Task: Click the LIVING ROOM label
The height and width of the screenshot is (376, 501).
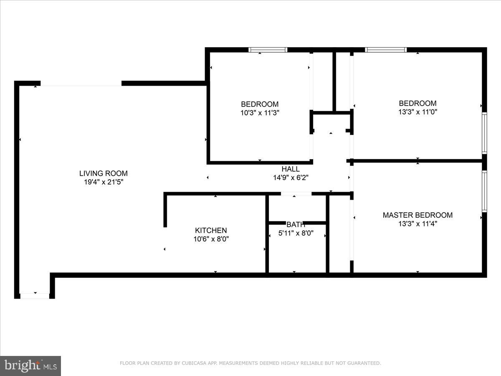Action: (104, 173)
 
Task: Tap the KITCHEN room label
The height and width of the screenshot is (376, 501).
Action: (211, 230)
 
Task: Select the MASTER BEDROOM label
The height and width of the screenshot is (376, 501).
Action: (417, 215)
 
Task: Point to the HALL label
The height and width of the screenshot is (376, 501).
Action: (291, 169)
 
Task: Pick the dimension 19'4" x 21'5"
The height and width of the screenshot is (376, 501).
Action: (104, 182)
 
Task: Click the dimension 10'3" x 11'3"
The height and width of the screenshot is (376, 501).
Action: (260, 112)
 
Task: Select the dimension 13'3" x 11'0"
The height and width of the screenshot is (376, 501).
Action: (417, 112)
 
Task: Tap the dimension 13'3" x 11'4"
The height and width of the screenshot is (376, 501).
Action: (417, 224)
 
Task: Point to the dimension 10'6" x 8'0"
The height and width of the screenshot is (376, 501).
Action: (211, 239)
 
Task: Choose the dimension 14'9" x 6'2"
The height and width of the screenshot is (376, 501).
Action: (291, 178)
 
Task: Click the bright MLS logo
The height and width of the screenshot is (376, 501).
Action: (30, 366)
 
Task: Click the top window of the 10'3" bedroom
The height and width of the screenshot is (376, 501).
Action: (268, 50)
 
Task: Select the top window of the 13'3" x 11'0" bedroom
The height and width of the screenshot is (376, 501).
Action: (386, 50)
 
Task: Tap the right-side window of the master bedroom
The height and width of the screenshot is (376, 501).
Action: (484, 191)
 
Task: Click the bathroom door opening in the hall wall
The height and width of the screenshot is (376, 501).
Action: (296, 194)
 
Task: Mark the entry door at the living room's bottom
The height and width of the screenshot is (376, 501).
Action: (35, 296)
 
